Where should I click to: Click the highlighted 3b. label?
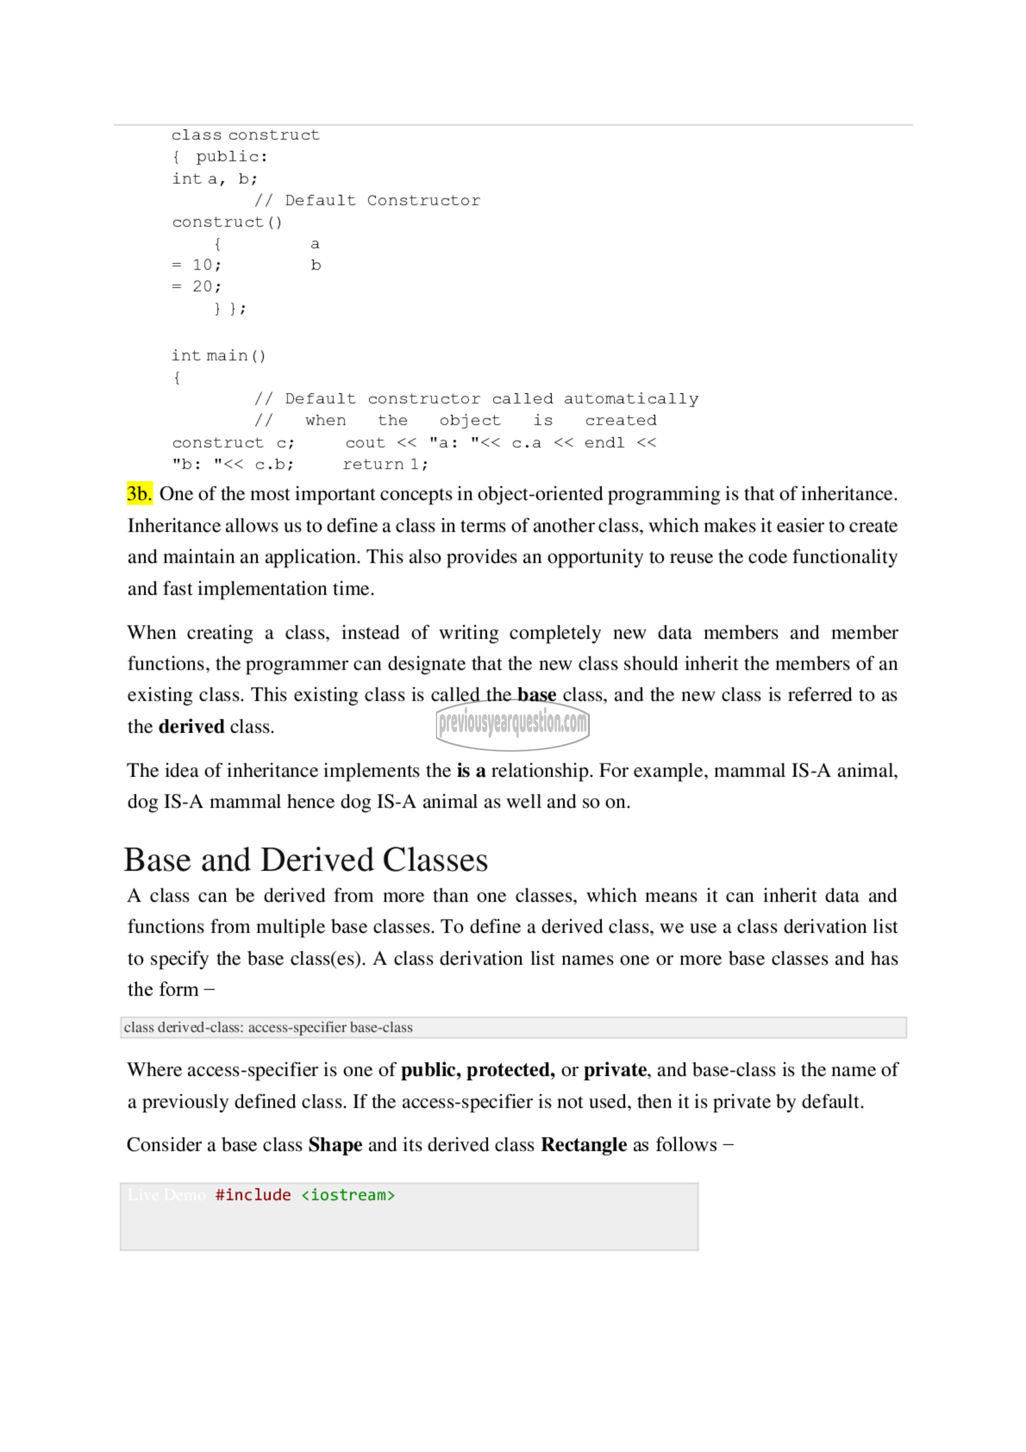pos(139,494)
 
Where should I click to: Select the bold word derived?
pos(191,727)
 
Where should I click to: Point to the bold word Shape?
pos(335,1145)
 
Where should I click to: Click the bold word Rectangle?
pos(583,1145)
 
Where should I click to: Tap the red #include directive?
pos(253,1195)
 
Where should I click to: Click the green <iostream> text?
pos(348,1195)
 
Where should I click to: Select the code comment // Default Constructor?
pos(367,201)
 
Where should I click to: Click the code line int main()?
pos(219,356)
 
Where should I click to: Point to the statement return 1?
pos(385,465)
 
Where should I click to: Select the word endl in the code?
pos(604,443)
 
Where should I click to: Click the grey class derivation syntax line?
pos(268,1028)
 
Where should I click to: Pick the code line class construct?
pos(245,135)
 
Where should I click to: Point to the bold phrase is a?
pos(471,771)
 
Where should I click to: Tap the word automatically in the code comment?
pos(630,399)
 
